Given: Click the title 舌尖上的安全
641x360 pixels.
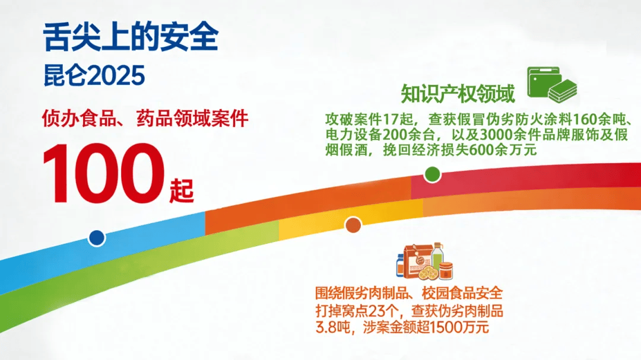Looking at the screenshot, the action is coord(131,37).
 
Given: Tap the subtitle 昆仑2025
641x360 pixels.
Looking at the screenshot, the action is coord(94,75).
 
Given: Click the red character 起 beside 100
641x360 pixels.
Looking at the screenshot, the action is coord(182,190).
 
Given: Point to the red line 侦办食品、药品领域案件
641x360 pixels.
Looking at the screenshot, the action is coord(145,119).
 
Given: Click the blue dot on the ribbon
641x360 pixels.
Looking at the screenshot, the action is coord(97,238).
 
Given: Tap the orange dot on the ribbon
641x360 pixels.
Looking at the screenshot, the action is coord(353,225).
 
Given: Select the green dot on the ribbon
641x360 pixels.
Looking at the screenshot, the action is coord(432,174).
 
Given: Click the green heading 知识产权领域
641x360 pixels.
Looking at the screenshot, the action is coord(458,94).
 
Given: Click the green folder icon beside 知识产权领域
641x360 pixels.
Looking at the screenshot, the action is coord(542,82).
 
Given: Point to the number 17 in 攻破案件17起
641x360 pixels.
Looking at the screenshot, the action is coord(391,119).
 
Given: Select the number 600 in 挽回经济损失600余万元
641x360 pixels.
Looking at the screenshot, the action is coord(481,150).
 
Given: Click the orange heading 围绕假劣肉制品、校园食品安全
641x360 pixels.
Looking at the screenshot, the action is coord(409,294).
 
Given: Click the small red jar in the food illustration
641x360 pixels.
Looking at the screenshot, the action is coord(446,271).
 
